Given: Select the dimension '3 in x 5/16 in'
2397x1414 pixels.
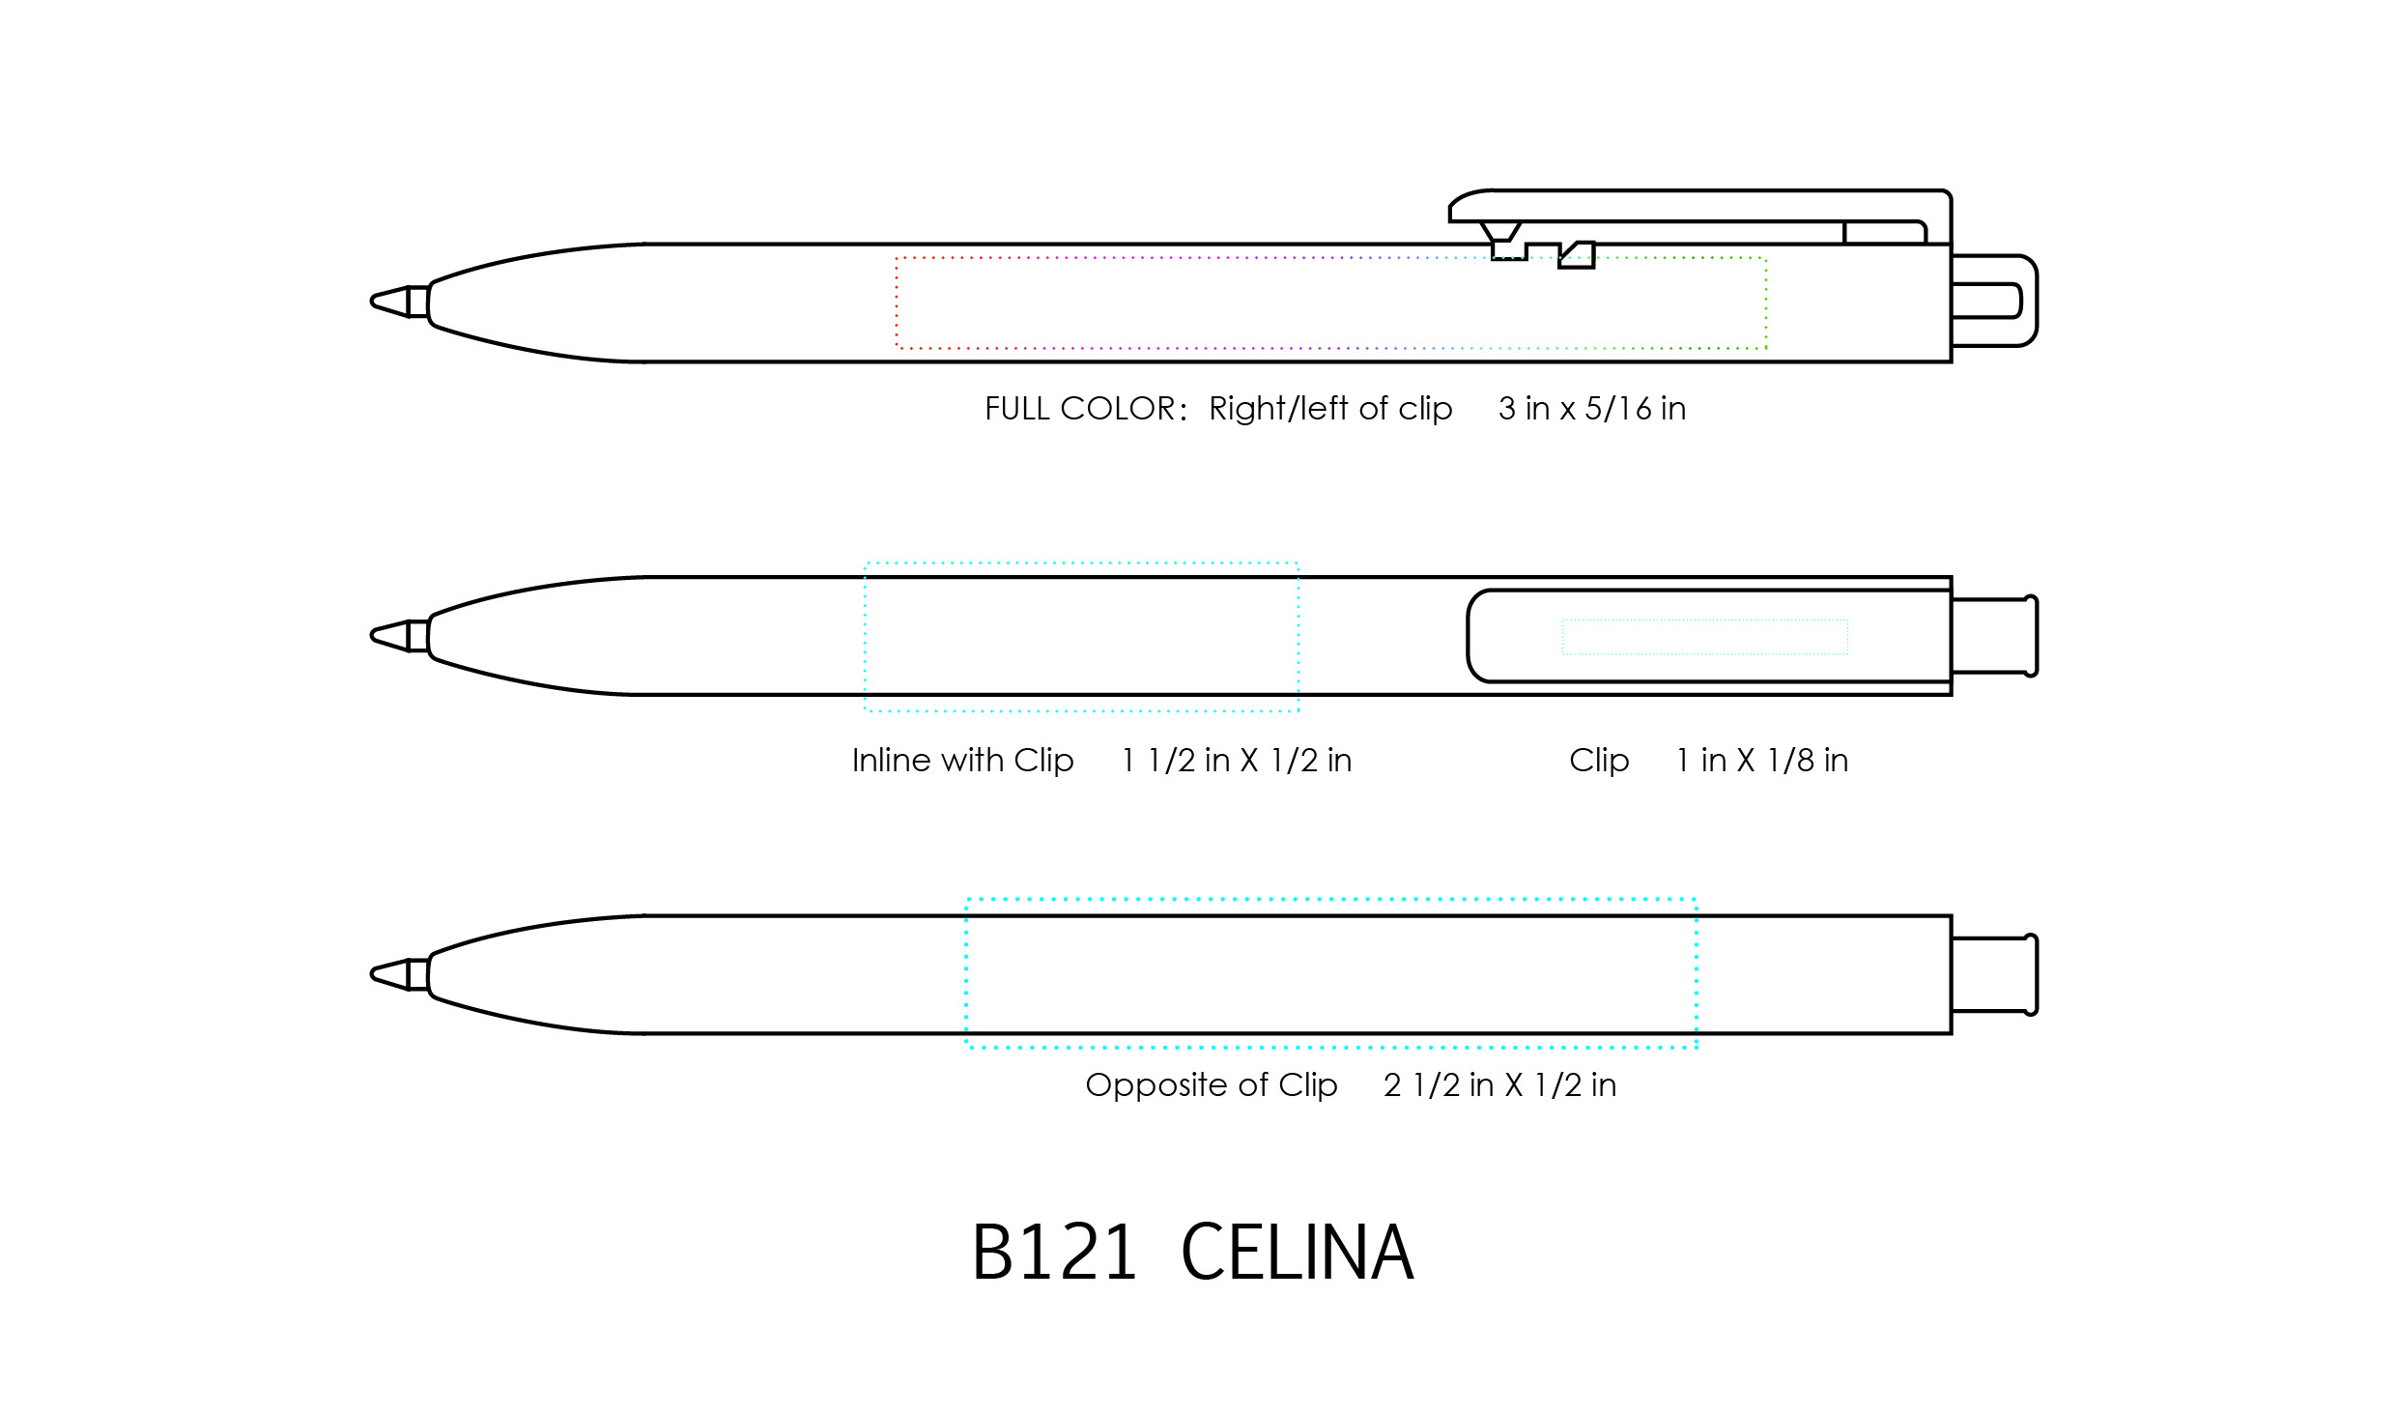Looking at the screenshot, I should tap(1591, 409).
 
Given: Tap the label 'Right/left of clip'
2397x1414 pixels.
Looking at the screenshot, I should tap(1329, 409).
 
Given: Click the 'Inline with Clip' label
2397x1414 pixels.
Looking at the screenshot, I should tap(962, 761).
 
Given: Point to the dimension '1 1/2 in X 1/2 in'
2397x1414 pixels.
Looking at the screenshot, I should tap(1236, 761).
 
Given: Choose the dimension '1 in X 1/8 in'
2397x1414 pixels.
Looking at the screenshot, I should tap(1761, 761).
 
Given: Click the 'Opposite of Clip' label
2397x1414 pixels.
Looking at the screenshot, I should tap(1211, 1085).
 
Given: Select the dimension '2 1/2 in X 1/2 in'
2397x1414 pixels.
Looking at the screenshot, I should tap(1499, 1085).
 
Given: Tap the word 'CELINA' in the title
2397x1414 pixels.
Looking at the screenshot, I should tap(1297, 1253).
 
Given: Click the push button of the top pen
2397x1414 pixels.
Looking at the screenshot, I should tap(1994, 301).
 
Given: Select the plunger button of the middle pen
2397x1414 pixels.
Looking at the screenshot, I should tap(1994, 636).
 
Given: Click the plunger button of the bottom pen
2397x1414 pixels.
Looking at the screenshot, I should tap(1994, 974).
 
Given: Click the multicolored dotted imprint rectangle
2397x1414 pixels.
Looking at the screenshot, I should tap(1330, 303).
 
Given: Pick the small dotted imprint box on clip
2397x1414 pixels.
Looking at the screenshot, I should tap(1704, 637).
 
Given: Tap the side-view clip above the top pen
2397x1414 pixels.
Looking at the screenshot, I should tap(1700, 206).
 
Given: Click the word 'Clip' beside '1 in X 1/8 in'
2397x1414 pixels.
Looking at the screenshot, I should tap(1599, 761).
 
